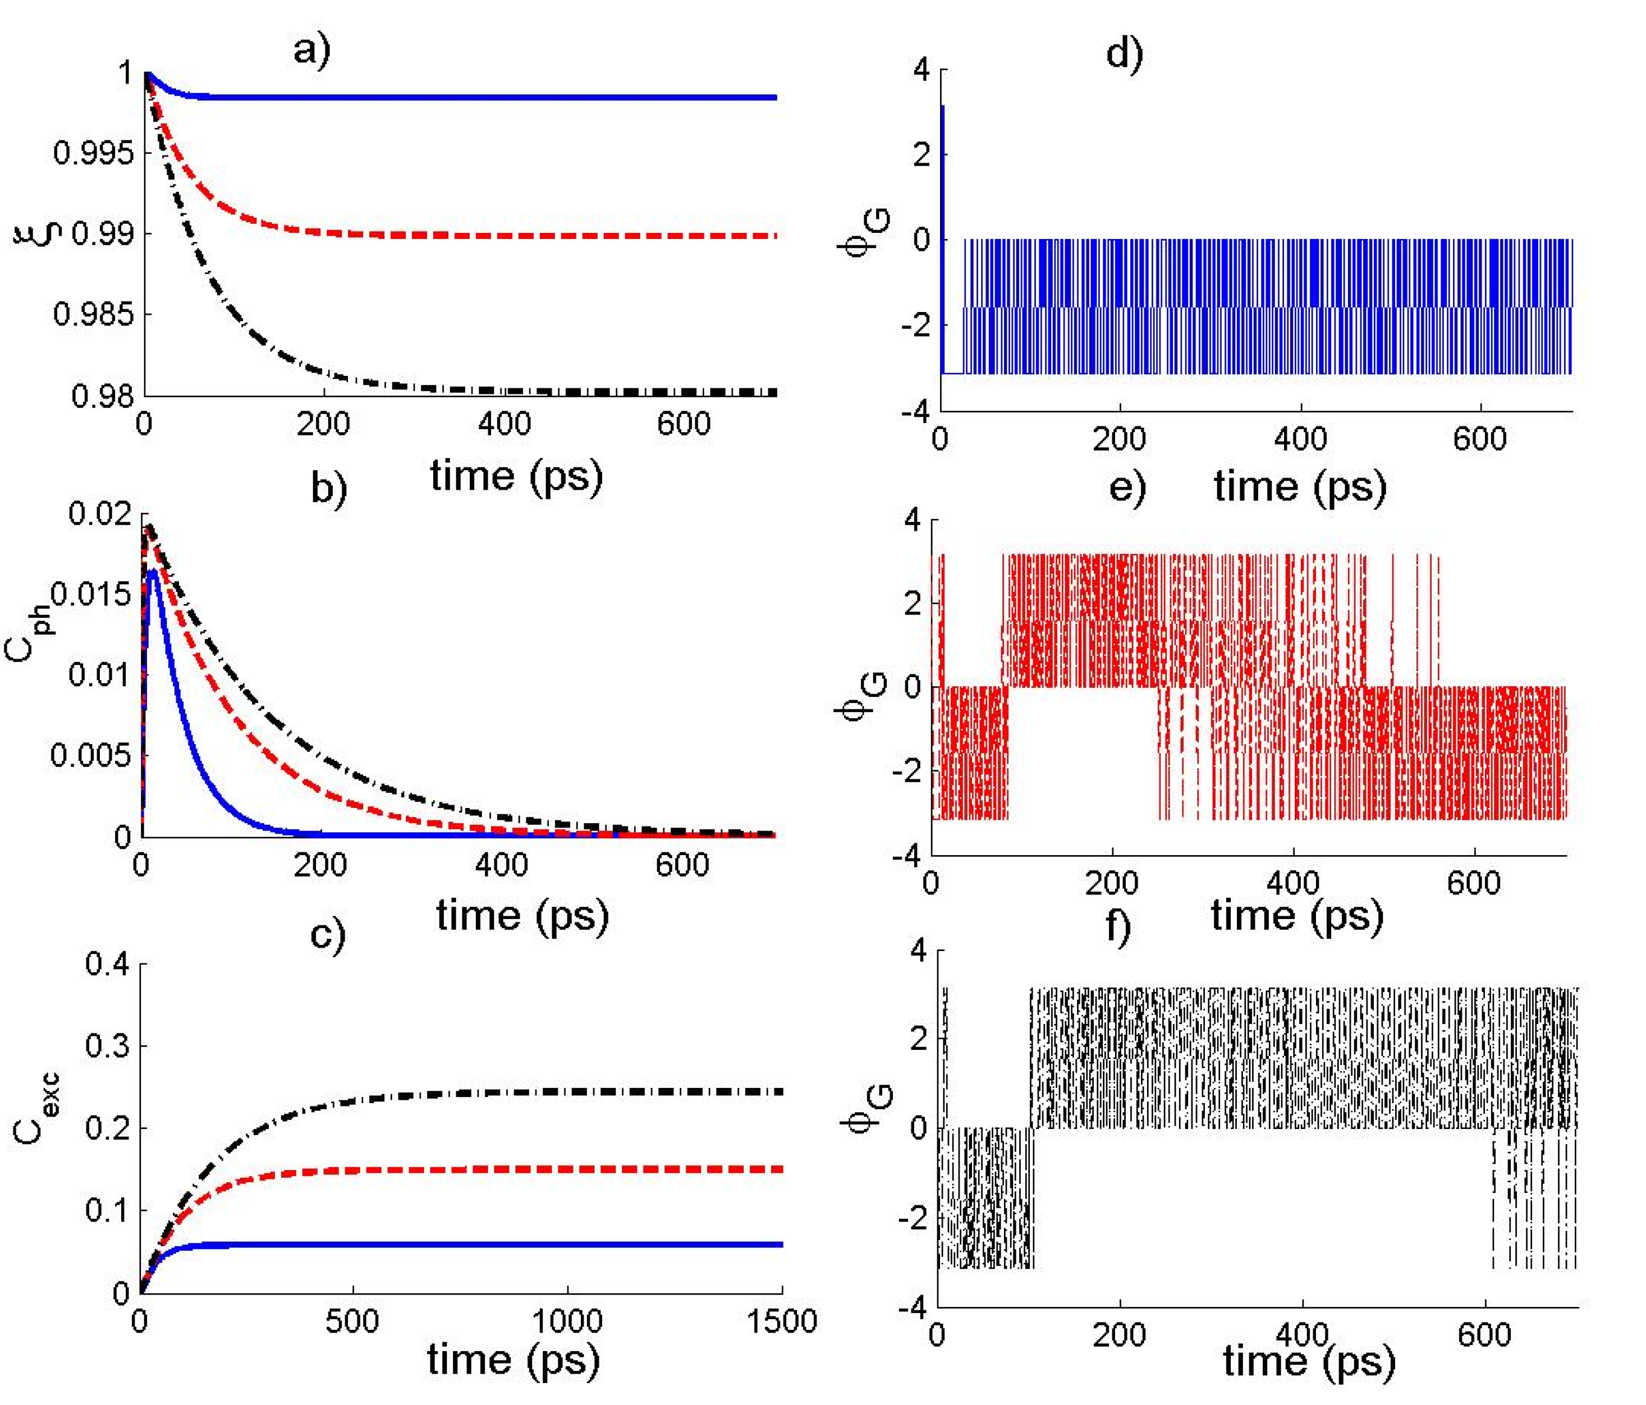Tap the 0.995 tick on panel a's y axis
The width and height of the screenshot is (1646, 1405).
tap(93, 153)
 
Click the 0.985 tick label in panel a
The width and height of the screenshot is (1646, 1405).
tap(93, 315)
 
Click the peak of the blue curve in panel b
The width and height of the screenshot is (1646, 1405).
tap(153, 571)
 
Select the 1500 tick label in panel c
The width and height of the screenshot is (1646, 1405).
tap(782, 1321)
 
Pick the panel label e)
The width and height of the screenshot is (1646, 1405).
tap(1127, 486)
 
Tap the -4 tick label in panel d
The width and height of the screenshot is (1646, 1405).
tap(914, 411)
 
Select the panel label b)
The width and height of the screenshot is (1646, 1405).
tap(328, 488)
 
